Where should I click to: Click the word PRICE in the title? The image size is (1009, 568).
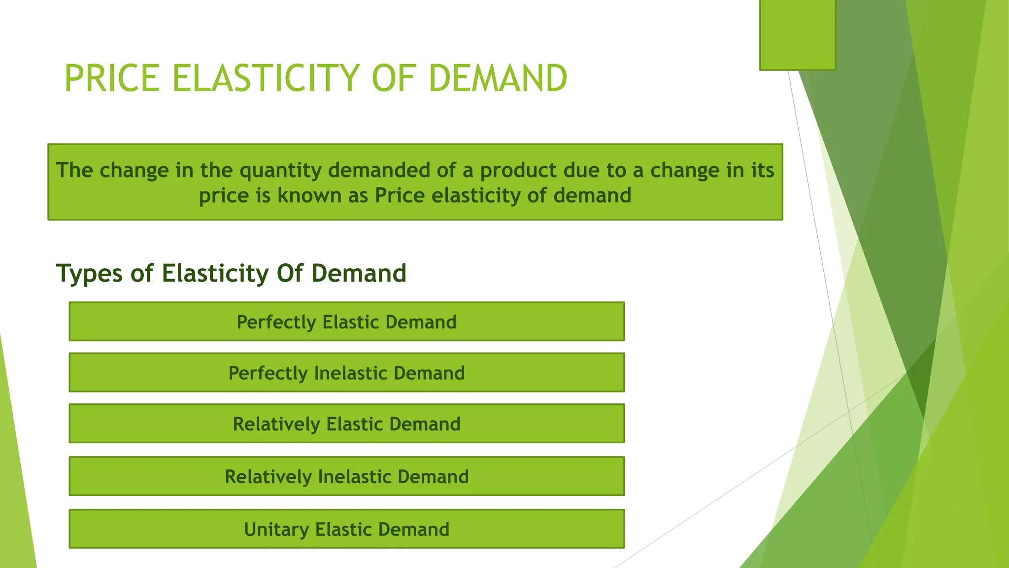[112, 78]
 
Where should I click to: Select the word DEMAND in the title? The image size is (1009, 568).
[498, 78]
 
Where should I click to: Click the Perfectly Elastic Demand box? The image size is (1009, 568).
[346, 321]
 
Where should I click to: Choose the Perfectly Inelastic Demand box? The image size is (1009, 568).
[346, 373]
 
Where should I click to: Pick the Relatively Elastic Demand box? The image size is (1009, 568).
[346, 424]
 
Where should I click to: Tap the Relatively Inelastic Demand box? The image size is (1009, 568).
[346, 476]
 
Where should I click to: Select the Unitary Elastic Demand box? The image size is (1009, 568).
[346, 529]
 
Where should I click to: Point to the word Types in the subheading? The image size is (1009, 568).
[89, 274]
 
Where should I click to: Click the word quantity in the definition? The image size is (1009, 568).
[280, 171]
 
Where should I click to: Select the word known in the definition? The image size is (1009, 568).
[309, 196]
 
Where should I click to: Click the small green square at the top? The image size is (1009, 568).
[797, 35]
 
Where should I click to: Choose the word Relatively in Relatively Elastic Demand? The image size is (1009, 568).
[276, 425]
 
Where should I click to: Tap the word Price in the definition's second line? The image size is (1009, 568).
[400, 196]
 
